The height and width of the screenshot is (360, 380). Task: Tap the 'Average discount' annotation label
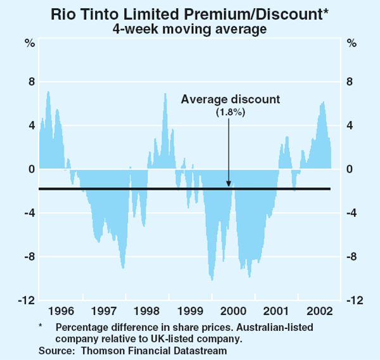click(230, 99)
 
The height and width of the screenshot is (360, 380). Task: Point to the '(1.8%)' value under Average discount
click(230, 111)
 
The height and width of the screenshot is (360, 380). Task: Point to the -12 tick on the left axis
click(26, 301)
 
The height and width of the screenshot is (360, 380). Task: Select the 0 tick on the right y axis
click(349, 170)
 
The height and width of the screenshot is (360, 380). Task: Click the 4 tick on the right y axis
click(349, 125)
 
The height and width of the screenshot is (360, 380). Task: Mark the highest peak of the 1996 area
click(48, 92)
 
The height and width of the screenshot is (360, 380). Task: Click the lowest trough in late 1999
click(212, 279)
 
